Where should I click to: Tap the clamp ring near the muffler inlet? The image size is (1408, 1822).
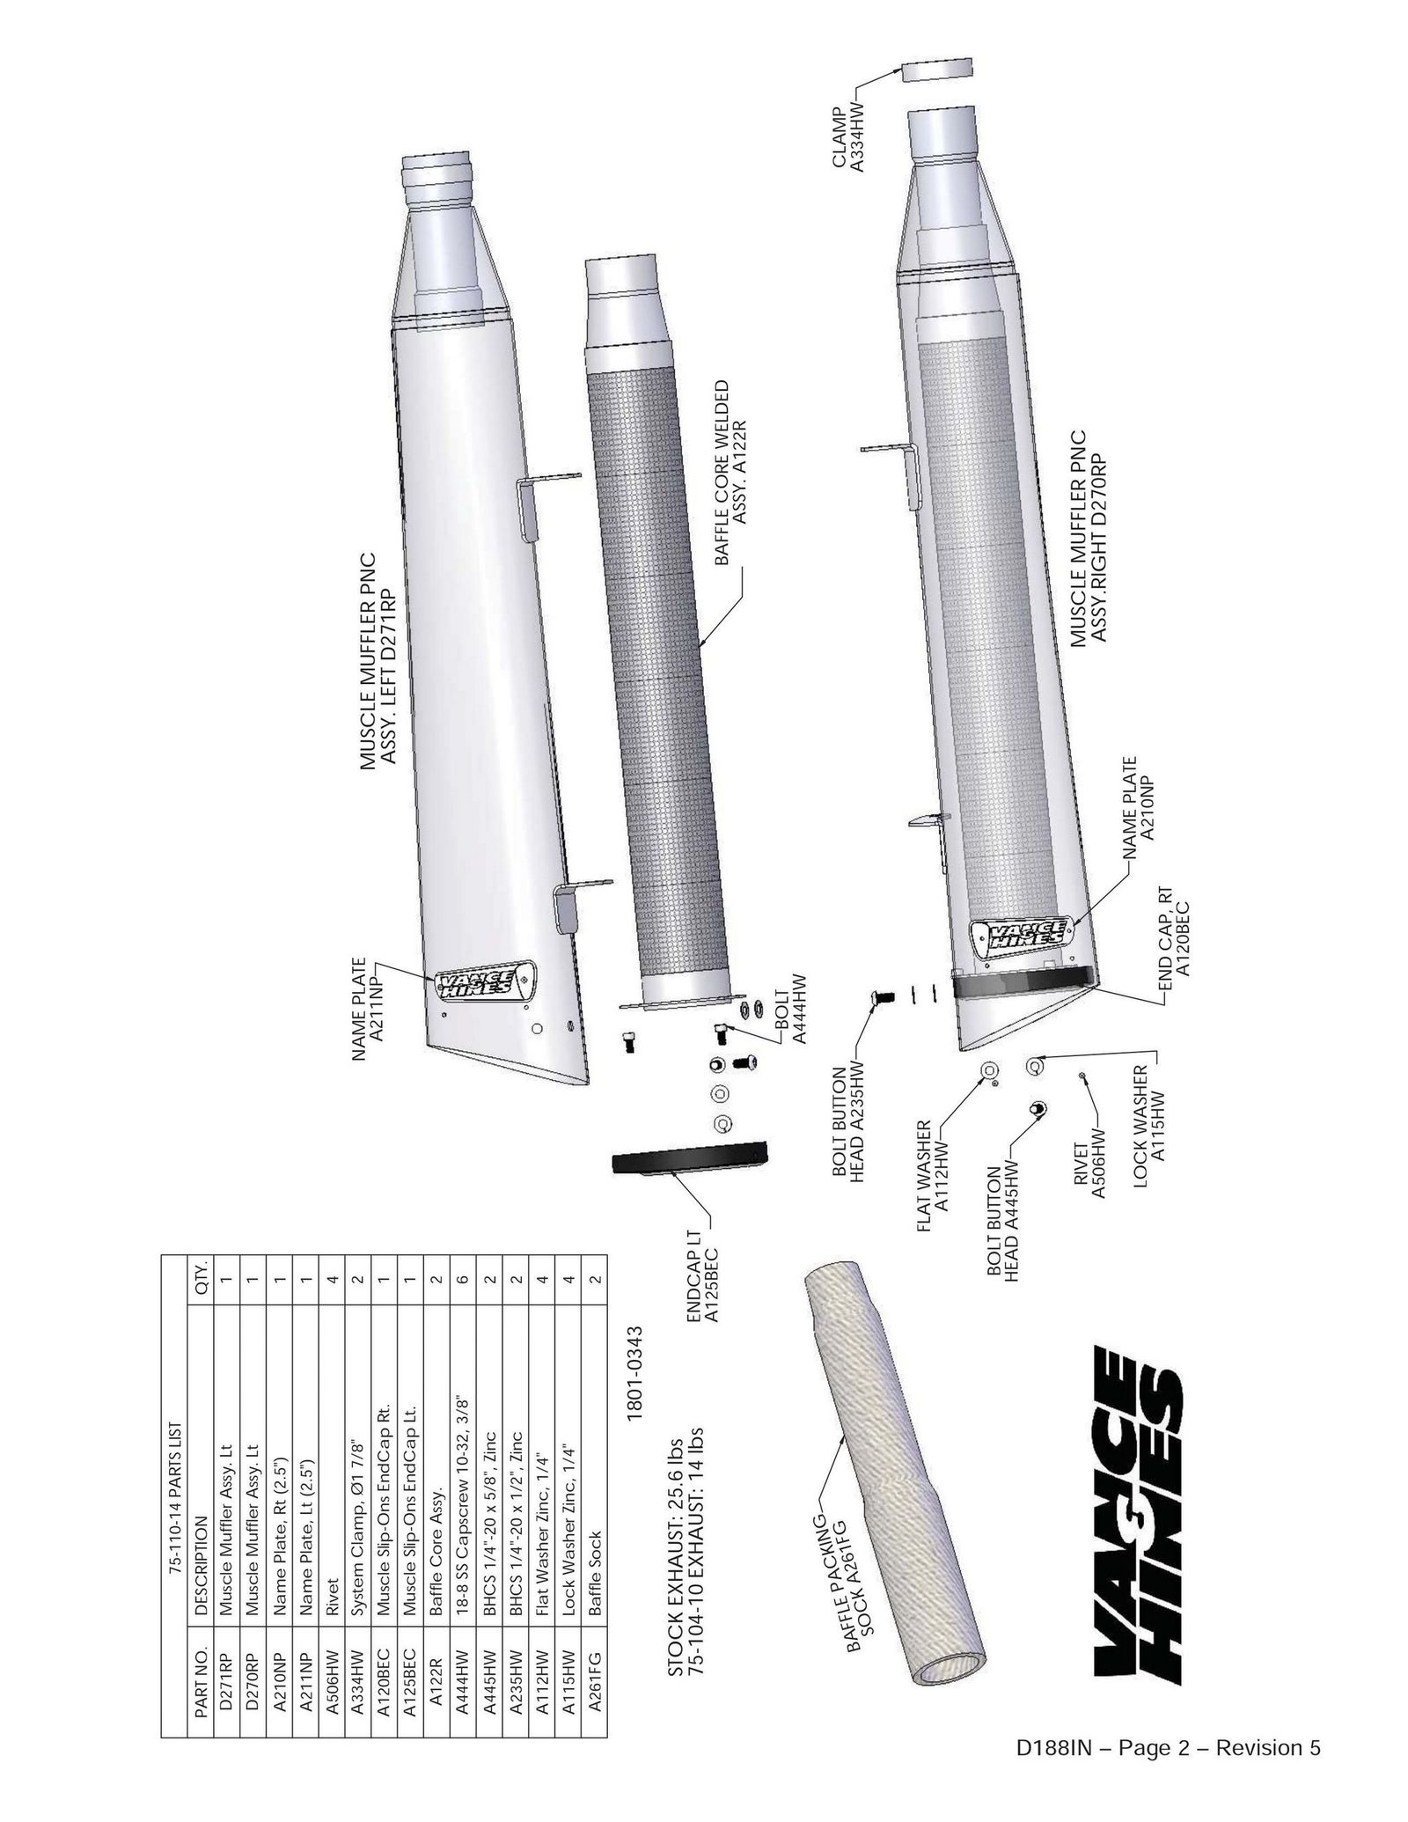(938, 71)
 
